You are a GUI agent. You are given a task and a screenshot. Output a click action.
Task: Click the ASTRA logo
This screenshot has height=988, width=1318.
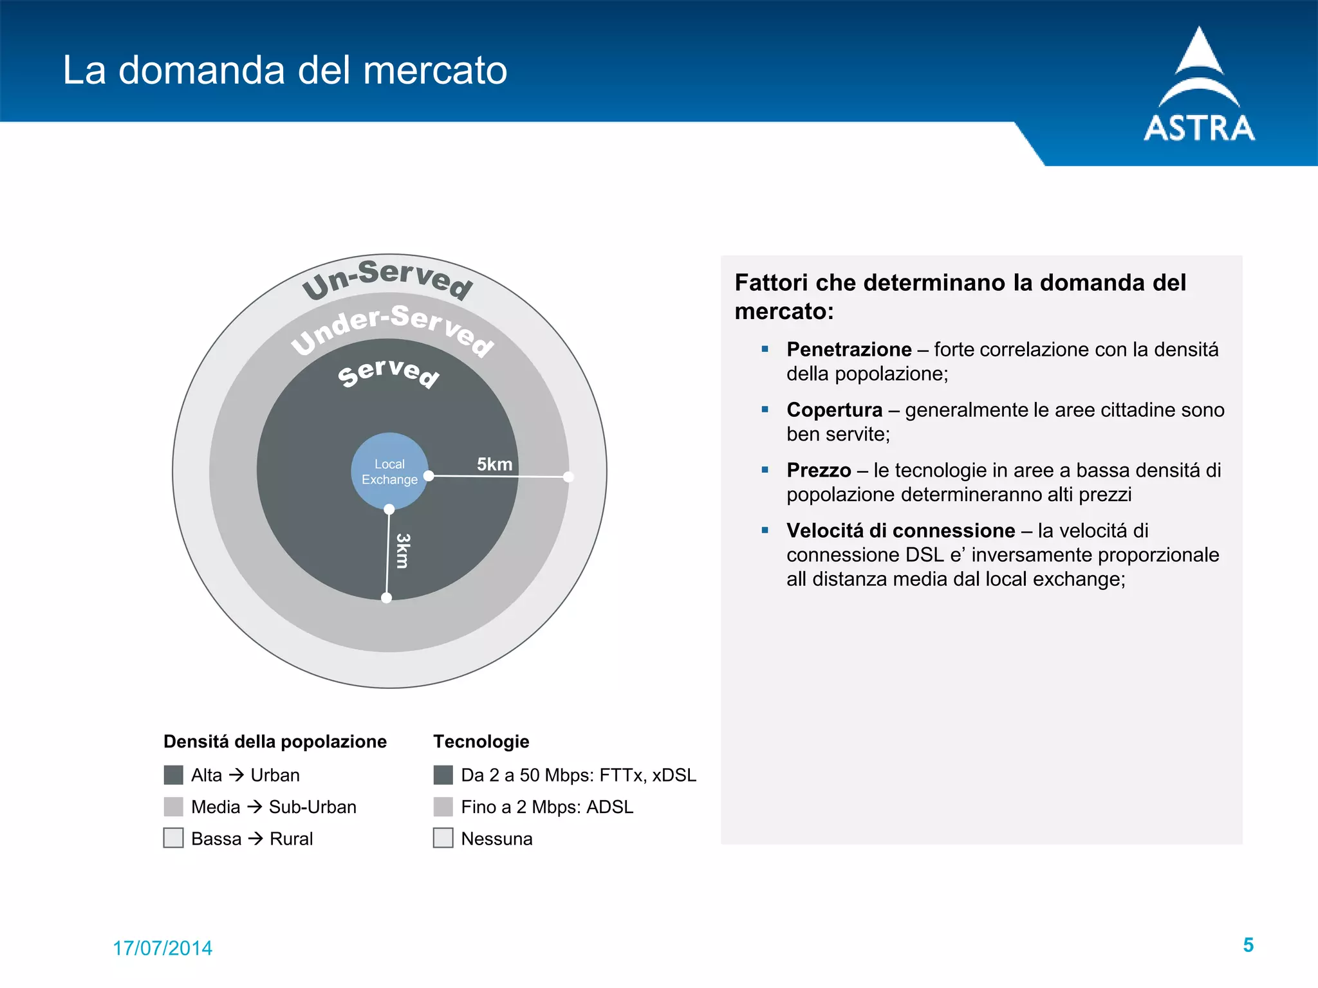[x=1199, y=87]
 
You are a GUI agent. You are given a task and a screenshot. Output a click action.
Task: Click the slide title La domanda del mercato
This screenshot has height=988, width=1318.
[x=284, y=70]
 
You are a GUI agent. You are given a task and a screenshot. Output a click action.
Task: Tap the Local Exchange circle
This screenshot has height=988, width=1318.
[x=389, y=471]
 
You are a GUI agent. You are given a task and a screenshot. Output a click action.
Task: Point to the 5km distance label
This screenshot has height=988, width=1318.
[x=494, y=464]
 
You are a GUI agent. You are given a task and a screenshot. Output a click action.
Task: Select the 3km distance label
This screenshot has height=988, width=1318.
[x=403, y=551]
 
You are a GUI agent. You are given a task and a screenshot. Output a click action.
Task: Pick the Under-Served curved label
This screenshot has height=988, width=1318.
[x=392, y=327]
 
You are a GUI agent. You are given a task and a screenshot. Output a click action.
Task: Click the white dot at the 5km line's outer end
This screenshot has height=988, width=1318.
[x=568, y=477]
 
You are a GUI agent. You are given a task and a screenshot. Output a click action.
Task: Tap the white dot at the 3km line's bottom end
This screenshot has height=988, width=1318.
[x=386, y=598]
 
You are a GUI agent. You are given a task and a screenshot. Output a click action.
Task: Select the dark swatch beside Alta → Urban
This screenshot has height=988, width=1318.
[x=173, y=775]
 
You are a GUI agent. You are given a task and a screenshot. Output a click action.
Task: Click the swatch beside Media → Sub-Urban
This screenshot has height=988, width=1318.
[x=173, y=807]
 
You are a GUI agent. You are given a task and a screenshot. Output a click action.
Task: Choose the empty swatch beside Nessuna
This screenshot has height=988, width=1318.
[x=443, y=838]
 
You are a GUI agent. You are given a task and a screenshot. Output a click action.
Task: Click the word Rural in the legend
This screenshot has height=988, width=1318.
[x=291, y=839]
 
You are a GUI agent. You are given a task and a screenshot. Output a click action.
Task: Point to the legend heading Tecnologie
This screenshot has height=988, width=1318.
[x=481, y=742]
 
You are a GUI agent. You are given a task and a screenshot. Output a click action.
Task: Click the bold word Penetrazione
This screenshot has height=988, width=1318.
[x=849, y=349]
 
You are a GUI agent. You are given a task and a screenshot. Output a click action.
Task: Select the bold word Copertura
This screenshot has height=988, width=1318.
[x=834, y=410]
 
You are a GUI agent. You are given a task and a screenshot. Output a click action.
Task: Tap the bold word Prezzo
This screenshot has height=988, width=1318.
[x=819, y=470]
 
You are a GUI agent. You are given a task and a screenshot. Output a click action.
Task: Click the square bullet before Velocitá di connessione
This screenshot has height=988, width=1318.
[x=765, y=531]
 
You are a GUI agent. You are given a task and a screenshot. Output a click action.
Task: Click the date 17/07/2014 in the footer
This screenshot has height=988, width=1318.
[x=162, y=948]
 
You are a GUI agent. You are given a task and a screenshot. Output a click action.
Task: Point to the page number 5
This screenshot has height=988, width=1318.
[x=1248, y=945]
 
